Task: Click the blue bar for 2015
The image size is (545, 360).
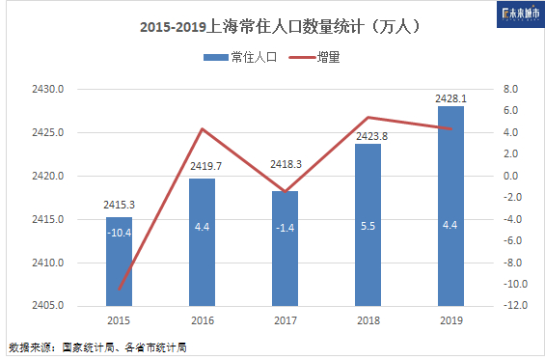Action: coord(119,262)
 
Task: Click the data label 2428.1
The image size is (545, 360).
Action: coord(451,98)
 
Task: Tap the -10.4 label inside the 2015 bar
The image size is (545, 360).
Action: coord(119,233)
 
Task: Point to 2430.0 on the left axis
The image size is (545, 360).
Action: coord(48,90)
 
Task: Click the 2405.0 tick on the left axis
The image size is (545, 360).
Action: coord(48,306)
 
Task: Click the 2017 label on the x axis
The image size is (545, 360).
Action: coord(285,320)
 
